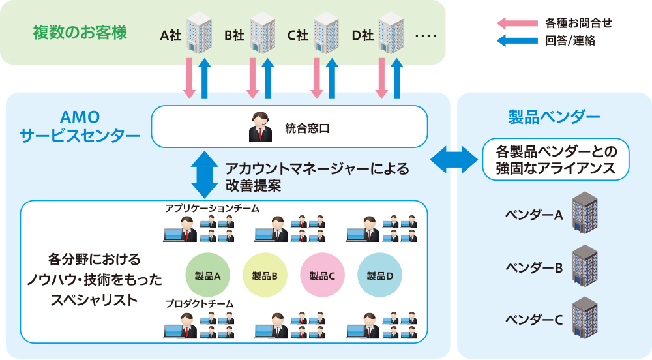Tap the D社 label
[x=363, y=35]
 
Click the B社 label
[x=234, y=35]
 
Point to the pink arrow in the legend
[x=516, y=23]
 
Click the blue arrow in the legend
[x=516, y=41]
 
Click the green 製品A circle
[x=207, y=276]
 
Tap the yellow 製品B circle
[x=265, y=276]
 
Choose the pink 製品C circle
[x=322, y=276]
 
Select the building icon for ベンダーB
[x=584, y=266]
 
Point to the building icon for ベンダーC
[x=584, y=319]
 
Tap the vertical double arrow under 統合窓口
[x=205, y=175]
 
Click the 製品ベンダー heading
[x=554, y=117]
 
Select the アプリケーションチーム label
[x=213, y=208]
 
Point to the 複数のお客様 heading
[x=80, y=32]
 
